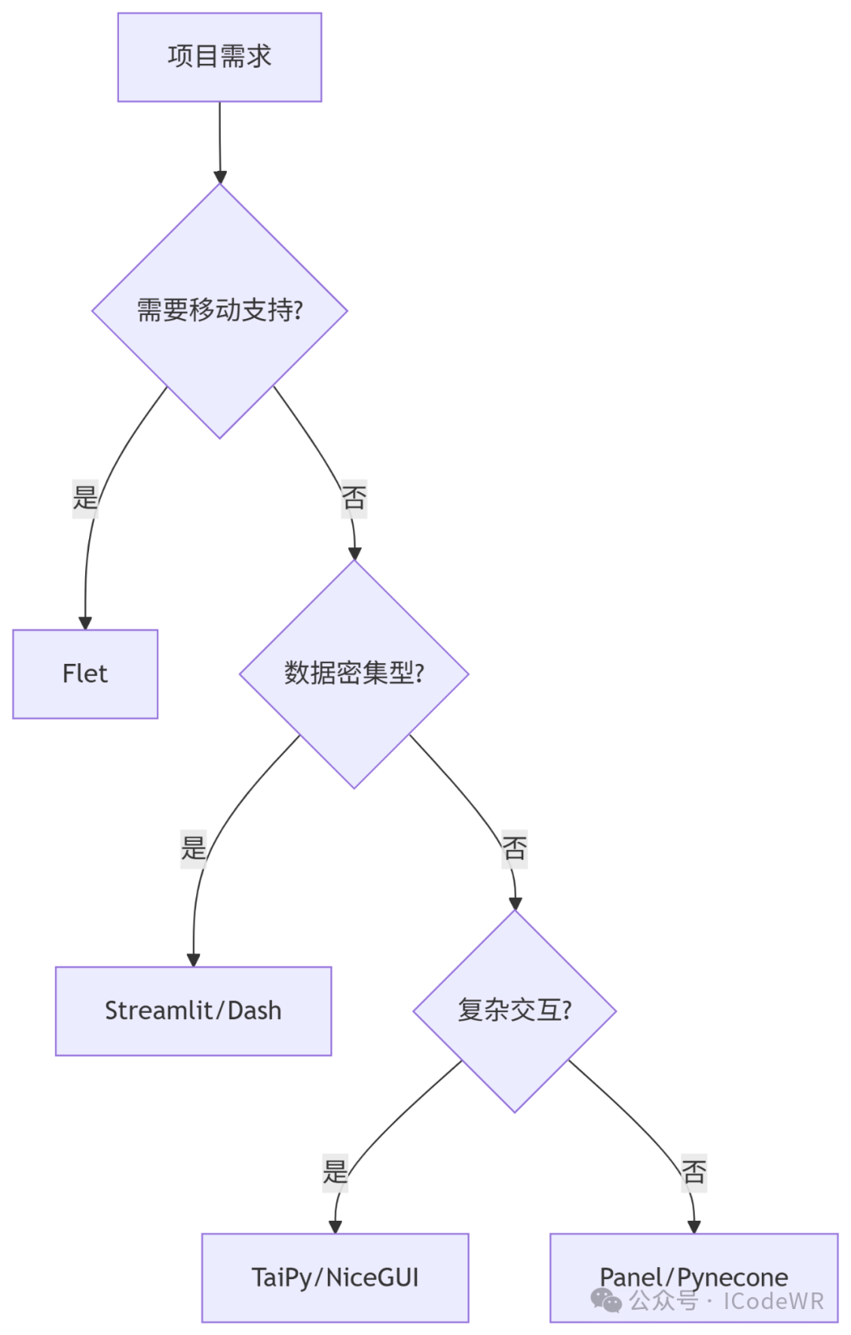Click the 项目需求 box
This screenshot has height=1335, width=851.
219,57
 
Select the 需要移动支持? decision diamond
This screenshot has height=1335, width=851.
219,310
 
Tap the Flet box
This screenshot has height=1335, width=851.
85,673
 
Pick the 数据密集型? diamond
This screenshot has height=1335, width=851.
354,673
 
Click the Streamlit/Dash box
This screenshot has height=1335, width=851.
193,1011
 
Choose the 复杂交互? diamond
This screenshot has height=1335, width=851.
515,1011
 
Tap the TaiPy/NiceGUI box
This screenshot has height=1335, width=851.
335,1277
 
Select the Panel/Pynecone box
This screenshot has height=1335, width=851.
693,1268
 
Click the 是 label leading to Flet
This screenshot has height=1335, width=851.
85,498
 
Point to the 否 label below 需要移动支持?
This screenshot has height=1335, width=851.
354,498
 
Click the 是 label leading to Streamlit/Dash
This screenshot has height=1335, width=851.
193,848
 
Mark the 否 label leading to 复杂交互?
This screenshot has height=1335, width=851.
515,848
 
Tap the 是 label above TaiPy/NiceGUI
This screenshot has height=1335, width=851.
335,1172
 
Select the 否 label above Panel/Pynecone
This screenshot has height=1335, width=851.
693,1172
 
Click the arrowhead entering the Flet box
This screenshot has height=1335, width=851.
85,623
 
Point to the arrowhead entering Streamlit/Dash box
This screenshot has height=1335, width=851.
193,960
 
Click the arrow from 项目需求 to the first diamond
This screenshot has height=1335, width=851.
220,142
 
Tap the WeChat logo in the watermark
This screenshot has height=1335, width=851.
606,1300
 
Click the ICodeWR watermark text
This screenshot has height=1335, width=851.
773,1301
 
